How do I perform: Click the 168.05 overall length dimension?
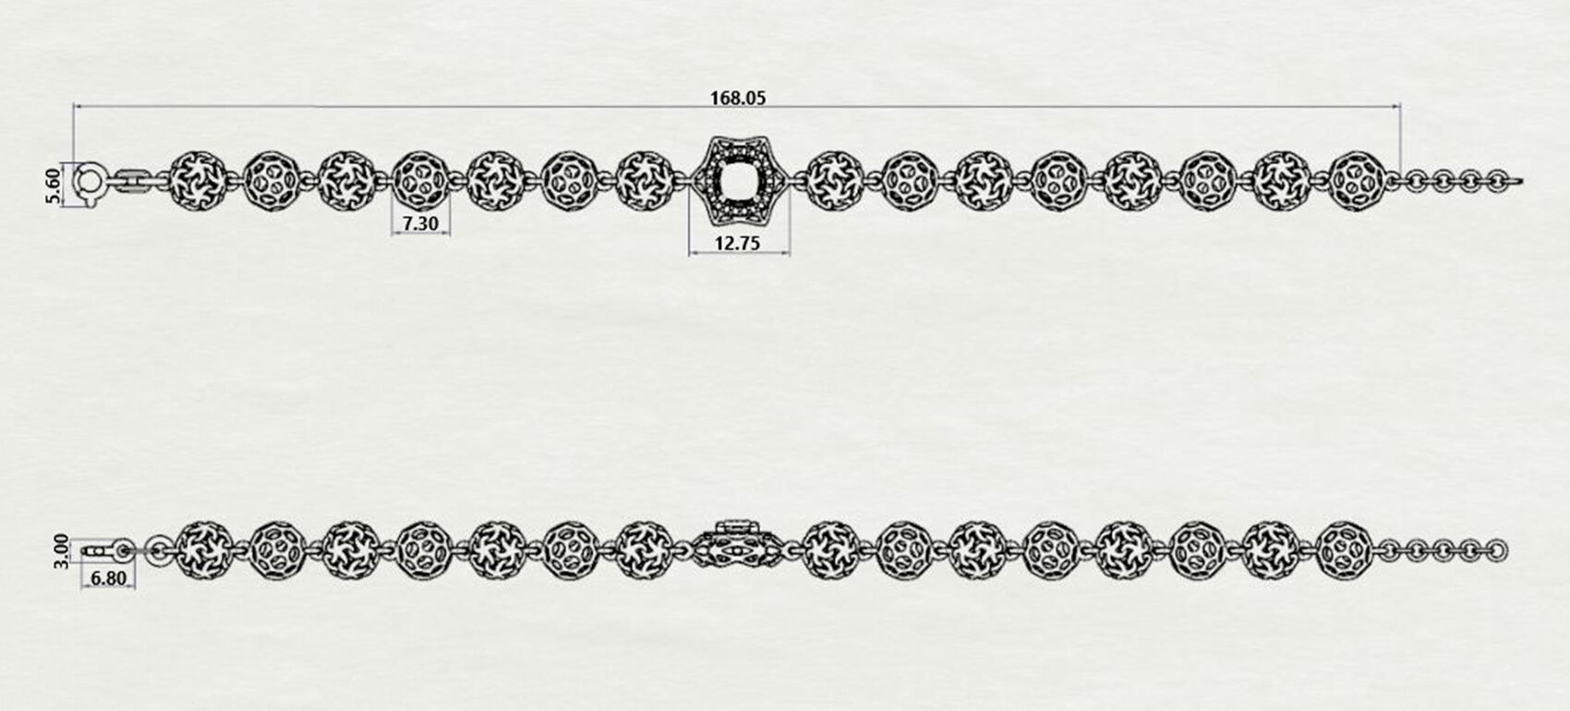pos(738,98)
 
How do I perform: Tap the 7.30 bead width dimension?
pos(420,223)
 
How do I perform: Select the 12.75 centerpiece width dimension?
pos(737,244)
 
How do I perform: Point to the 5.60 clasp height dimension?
pos(54,185)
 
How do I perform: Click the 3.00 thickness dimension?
pos(62,551)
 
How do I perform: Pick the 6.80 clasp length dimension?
pos(109,579)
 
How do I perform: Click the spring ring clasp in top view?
pos(90,183)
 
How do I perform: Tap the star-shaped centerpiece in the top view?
pos(739,181)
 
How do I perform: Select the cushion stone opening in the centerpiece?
pos(739,181)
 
